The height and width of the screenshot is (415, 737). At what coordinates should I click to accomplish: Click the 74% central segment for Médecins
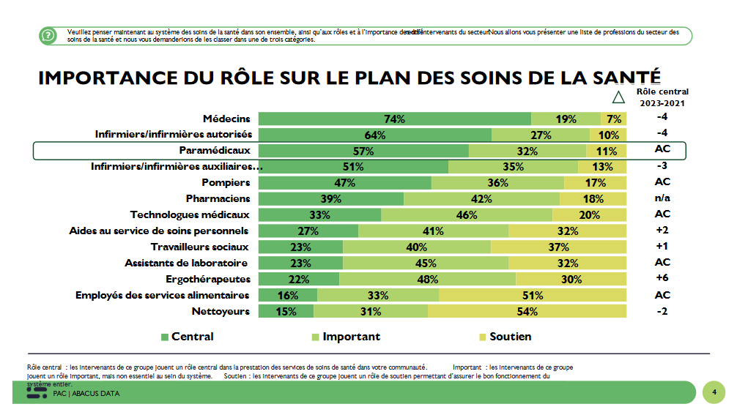(395, 119)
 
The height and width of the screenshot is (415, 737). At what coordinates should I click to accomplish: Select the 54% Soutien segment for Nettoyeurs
(527, 312)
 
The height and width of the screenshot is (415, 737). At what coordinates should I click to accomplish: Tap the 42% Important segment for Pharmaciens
(481, 199)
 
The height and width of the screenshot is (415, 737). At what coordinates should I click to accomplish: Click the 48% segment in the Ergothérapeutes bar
(427, 280)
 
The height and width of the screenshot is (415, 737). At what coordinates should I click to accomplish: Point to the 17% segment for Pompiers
(595, 183)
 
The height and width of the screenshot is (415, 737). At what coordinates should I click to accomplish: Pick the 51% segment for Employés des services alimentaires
(533, 296)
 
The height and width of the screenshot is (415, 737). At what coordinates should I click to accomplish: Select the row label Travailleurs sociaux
(200, 247)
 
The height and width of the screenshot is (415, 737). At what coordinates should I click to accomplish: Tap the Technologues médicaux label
(190, 215)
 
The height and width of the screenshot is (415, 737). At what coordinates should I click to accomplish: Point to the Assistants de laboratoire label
(187, 263)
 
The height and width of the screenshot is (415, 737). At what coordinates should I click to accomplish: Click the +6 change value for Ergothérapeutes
(662, 279)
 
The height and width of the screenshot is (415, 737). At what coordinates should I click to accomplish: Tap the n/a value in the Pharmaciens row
(662, 198)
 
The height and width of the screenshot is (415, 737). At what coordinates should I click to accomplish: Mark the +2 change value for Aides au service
(662, 231)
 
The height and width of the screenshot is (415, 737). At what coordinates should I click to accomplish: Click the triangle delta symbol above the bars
(618, 97)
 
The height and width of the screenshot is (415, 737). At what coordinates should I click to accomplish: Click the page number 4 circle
(714, 392)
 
